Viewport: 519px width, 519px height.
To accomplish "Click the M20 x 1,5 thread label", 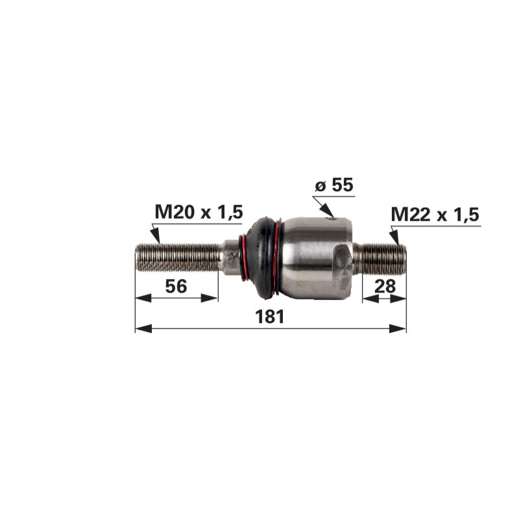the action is (199, 212).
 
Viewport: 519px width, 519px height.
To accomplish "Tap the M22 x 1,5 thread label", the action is (435, 215).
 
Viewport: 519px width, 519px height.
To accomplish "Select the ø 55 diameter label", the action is (334, 185).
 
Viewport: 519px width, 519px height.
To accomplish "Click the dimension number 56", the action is (176, 286).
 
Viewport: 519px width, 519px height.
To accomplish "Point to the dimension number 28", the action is (385, 286).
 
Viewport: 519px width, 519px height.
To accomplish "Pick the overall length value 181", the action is (270, 317).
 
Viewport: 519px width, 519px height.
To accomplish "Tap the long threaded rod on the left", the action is (177, 257).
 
